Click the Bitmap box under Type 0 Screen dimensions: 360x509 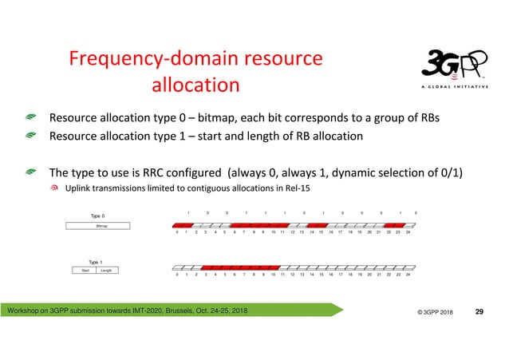click(x=101, y=227)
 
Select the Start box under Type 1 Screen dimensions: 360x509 click(x=85, y=271)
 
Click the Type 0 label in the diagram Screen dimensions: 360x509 click(x=97, y=215)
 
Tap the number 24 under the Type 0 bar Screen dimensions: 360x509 click(x=408, y=232)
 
